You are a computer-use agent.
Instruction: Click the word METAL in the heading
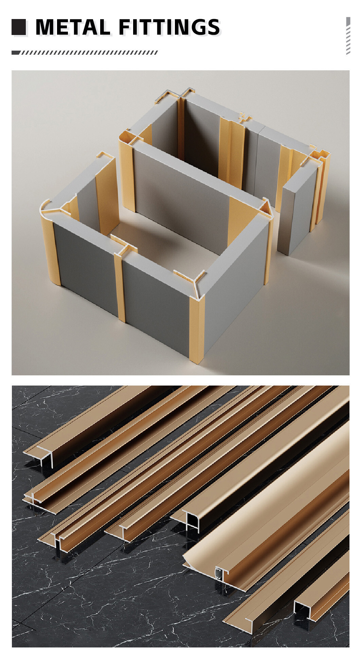[73, 27]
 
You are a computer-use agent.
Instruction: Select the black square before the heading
[19, 27]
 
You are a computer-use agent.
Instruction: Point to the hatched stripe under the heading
[85, 53]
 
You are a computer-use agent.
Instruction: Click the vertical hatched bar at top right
[348, 36]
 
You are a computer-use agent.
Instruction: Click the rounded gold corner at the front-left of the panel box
[49, 245]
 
